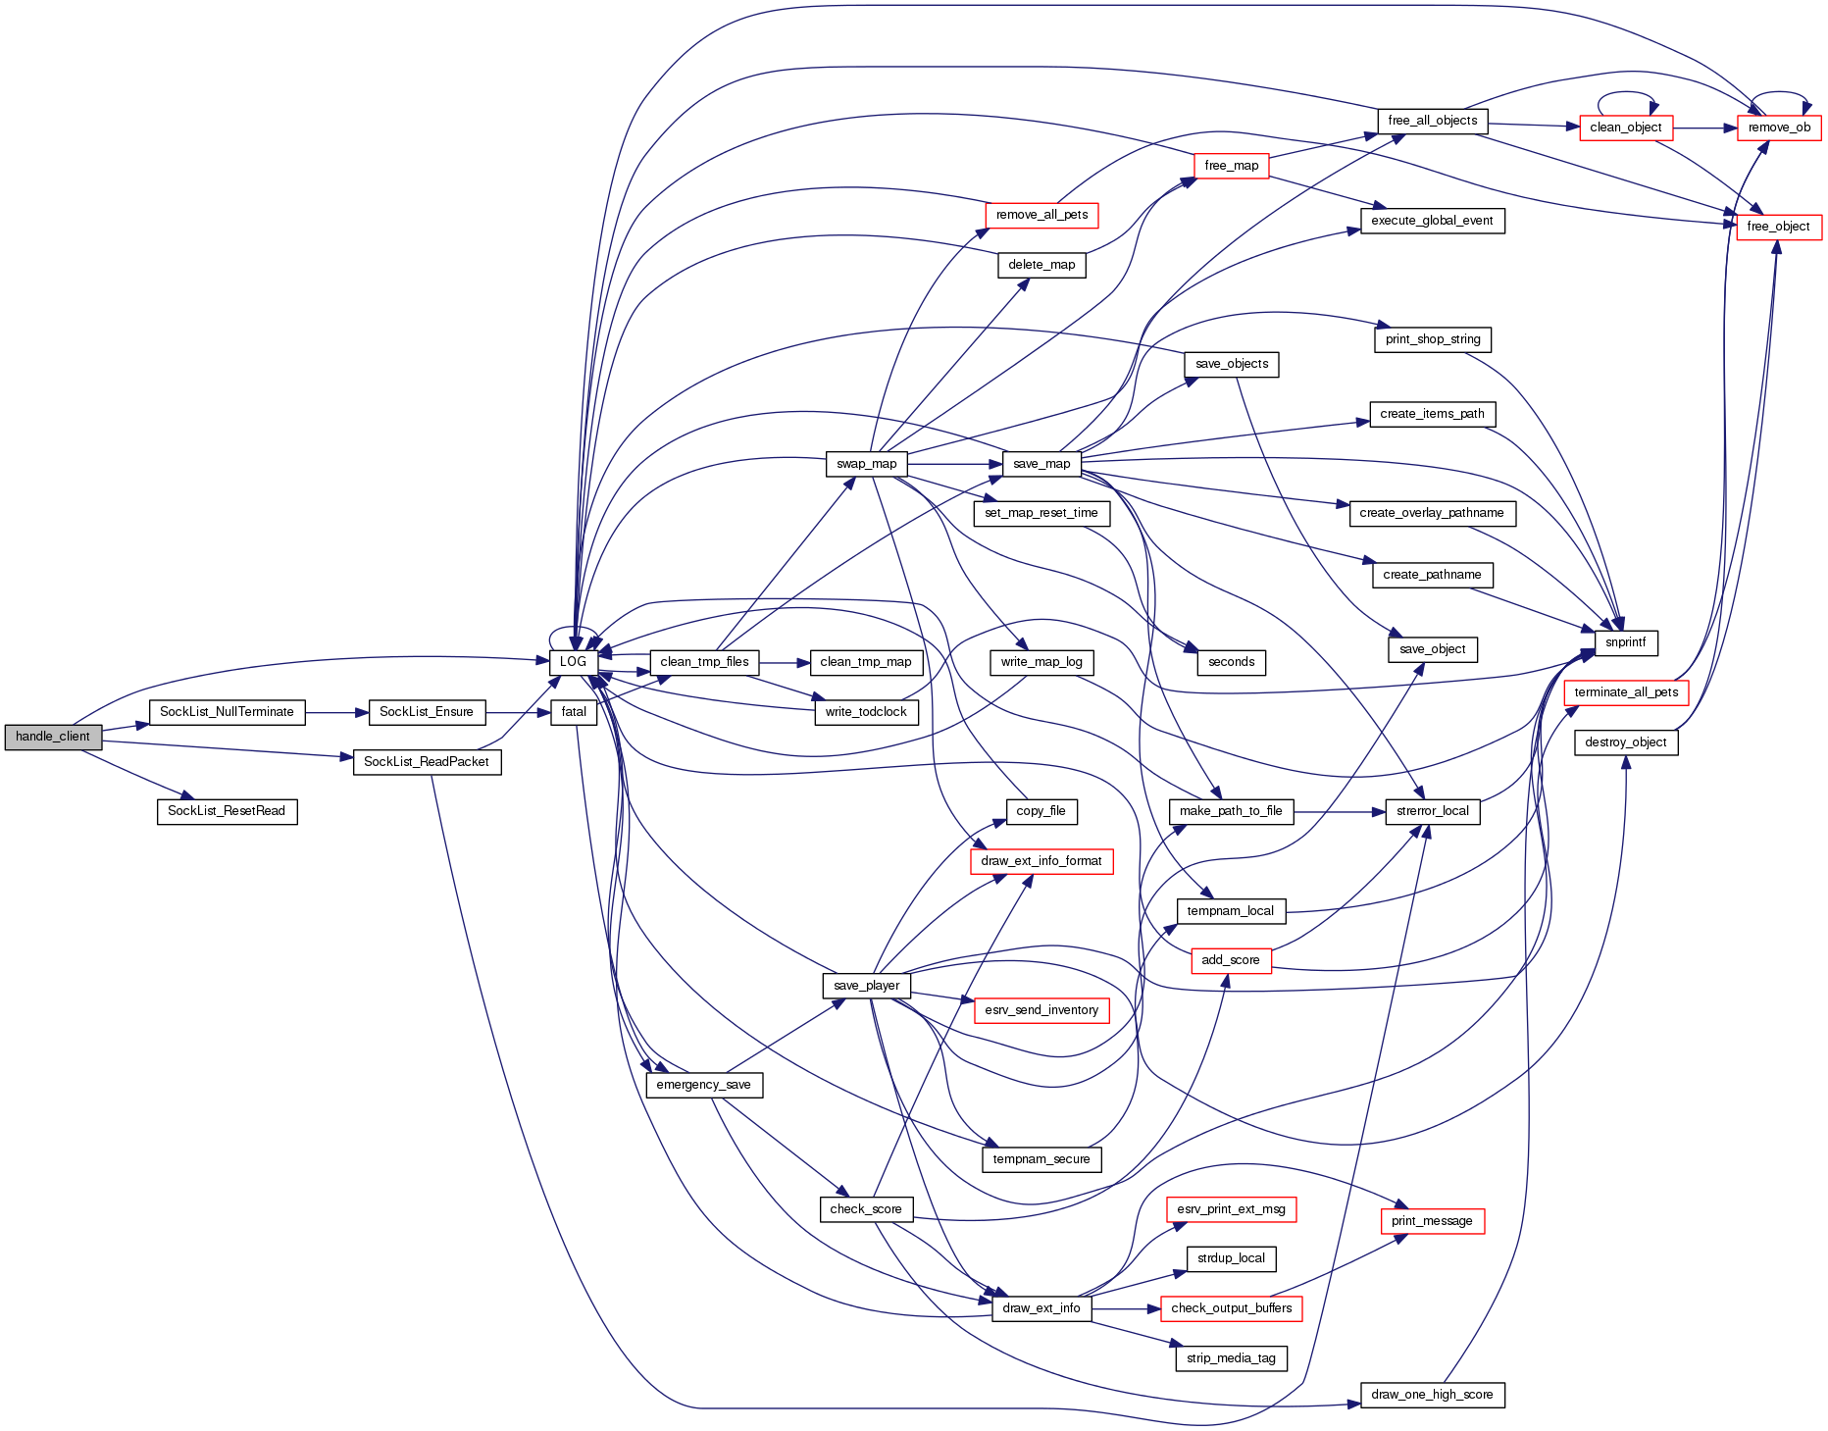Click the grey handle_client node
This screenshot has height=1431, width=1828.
[x=53, y=737]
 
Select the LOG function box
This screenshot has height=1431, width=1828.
[x=573, y=662]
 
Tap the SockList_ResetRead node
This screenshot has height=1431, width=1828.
[x=227, y=811]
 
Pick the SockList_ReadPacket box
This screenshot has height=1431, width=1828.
[x=427, y=762]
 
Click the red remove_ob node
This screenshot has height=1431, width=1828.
[x=1779, y=128]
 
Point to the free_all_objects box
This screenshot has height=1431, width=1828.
[x=1433, y=121]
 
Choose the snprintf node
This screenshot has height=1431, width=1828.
[x=1626, y=642]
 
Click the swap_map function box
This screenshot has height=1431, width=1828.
[x=866, y=464]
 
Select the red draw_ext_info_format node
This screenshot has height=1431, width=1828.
[x=1041, y=861]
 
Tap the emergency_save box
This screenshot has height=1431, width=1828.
[x=703, y=1085]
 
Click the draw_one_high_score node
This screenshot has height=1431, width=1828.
[x=1432, y=1395]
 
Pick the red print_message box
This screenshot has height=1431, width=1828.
[x=1432, y=1221]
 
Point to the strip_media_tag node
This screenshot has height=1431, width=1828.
[x=1231, y=1358]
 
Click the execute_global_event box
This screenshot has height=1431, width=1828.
[x=1432, y=221]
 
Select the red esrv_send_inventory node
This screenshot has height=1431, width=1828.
[x=1041, y=1010]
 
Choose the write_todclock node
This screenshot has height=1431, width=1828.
[x=866, y=712]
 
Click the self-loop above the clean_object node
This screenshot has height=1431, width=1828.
[x=1626, y=95]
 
